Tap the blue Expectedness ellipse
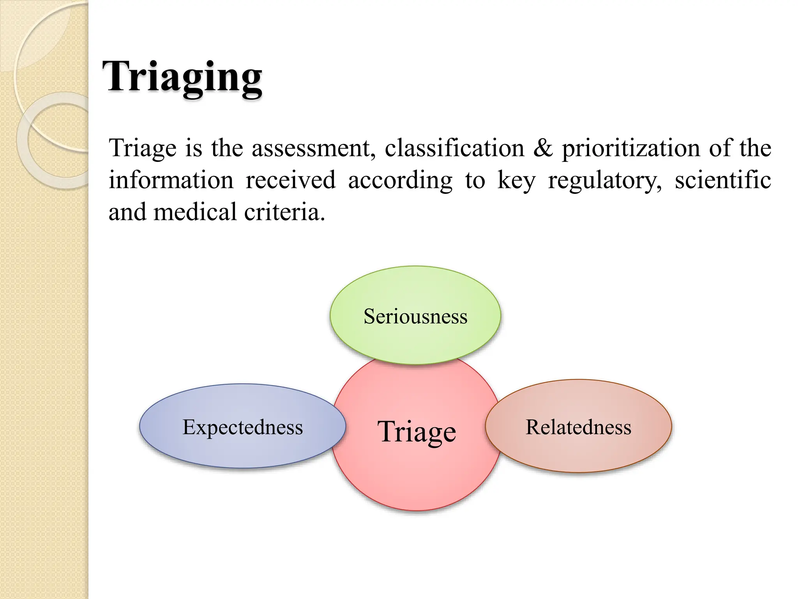242,448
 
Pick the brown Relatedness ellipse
578,448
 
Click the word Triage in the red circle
417,432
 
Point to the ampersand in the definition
543,148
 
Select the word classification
455,148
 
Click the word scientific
723,180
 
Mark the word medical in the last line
195,212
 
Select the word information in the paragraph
171,180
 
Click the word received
290,180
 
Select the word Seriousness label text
415,316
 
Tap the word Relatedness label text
578,427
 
